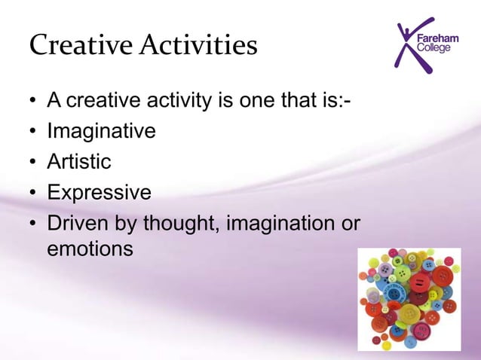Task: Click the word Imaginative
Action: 101,132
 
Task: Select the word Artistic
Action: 79,162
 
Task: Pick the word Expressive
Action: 99,192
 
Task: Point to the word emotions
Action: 90,248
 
